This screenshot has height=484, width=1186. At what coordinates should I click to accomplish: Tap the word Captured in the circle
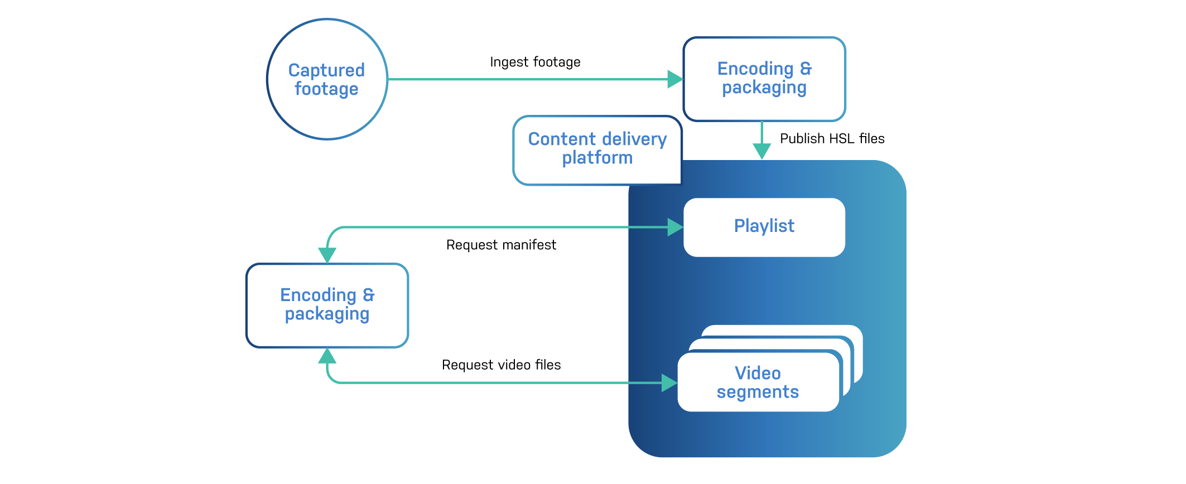tap(326, 70)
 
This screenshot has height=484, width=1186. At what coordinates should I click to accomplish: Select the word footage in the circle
tap(326, 89)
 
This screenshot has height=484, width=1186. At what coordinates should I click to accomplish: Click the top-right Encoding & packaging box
tap(764, 106)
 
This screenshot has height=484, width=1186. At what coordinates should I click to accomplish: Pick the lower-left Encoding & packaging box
tap(327, 335)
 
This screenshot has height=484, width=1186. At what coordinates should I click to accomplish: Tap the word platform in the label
tap(597, 158)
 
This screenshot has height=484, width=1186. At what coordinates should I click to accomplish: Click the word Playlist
tap(764, 226)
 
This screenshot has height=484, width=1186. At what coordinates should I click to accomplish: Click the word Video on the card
tap(758, 373)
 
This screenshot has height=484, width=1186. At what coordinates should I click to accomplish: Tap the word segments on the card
tap(758, 392)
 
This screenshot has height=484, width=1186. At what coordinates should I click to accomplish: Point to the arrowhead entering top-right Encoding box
tap(675, 79)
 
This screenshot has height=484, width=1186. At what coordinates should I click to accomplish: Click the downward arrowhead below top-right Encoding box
tap(761, 151)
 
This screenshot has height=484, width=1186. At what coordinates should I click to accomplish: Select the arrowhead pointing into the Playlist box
tap(675, 227)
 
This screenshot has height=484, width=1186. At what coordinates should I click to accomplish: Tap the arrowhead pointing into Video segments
tap(669, 383)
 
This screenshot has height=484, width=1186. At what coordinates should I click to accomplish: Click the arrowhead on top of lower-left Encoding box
tap(327, 255)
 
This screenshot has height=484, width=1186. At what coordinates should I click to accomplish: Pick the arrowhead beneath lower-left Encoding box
tap(327, 356)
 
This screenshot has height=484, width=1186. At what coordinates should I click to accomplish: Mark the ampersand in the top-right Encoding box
tap(806, 68)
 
